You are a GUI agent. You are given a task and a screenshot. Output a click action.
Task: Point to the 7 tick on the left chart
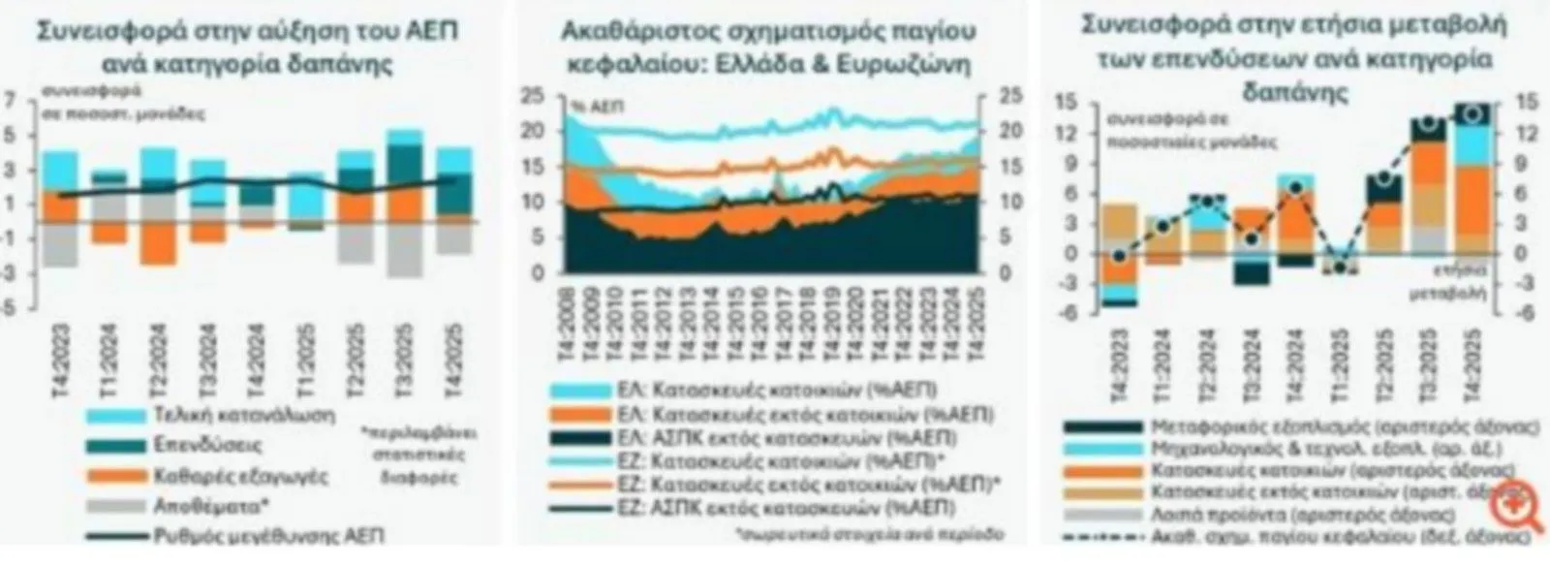11,97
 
